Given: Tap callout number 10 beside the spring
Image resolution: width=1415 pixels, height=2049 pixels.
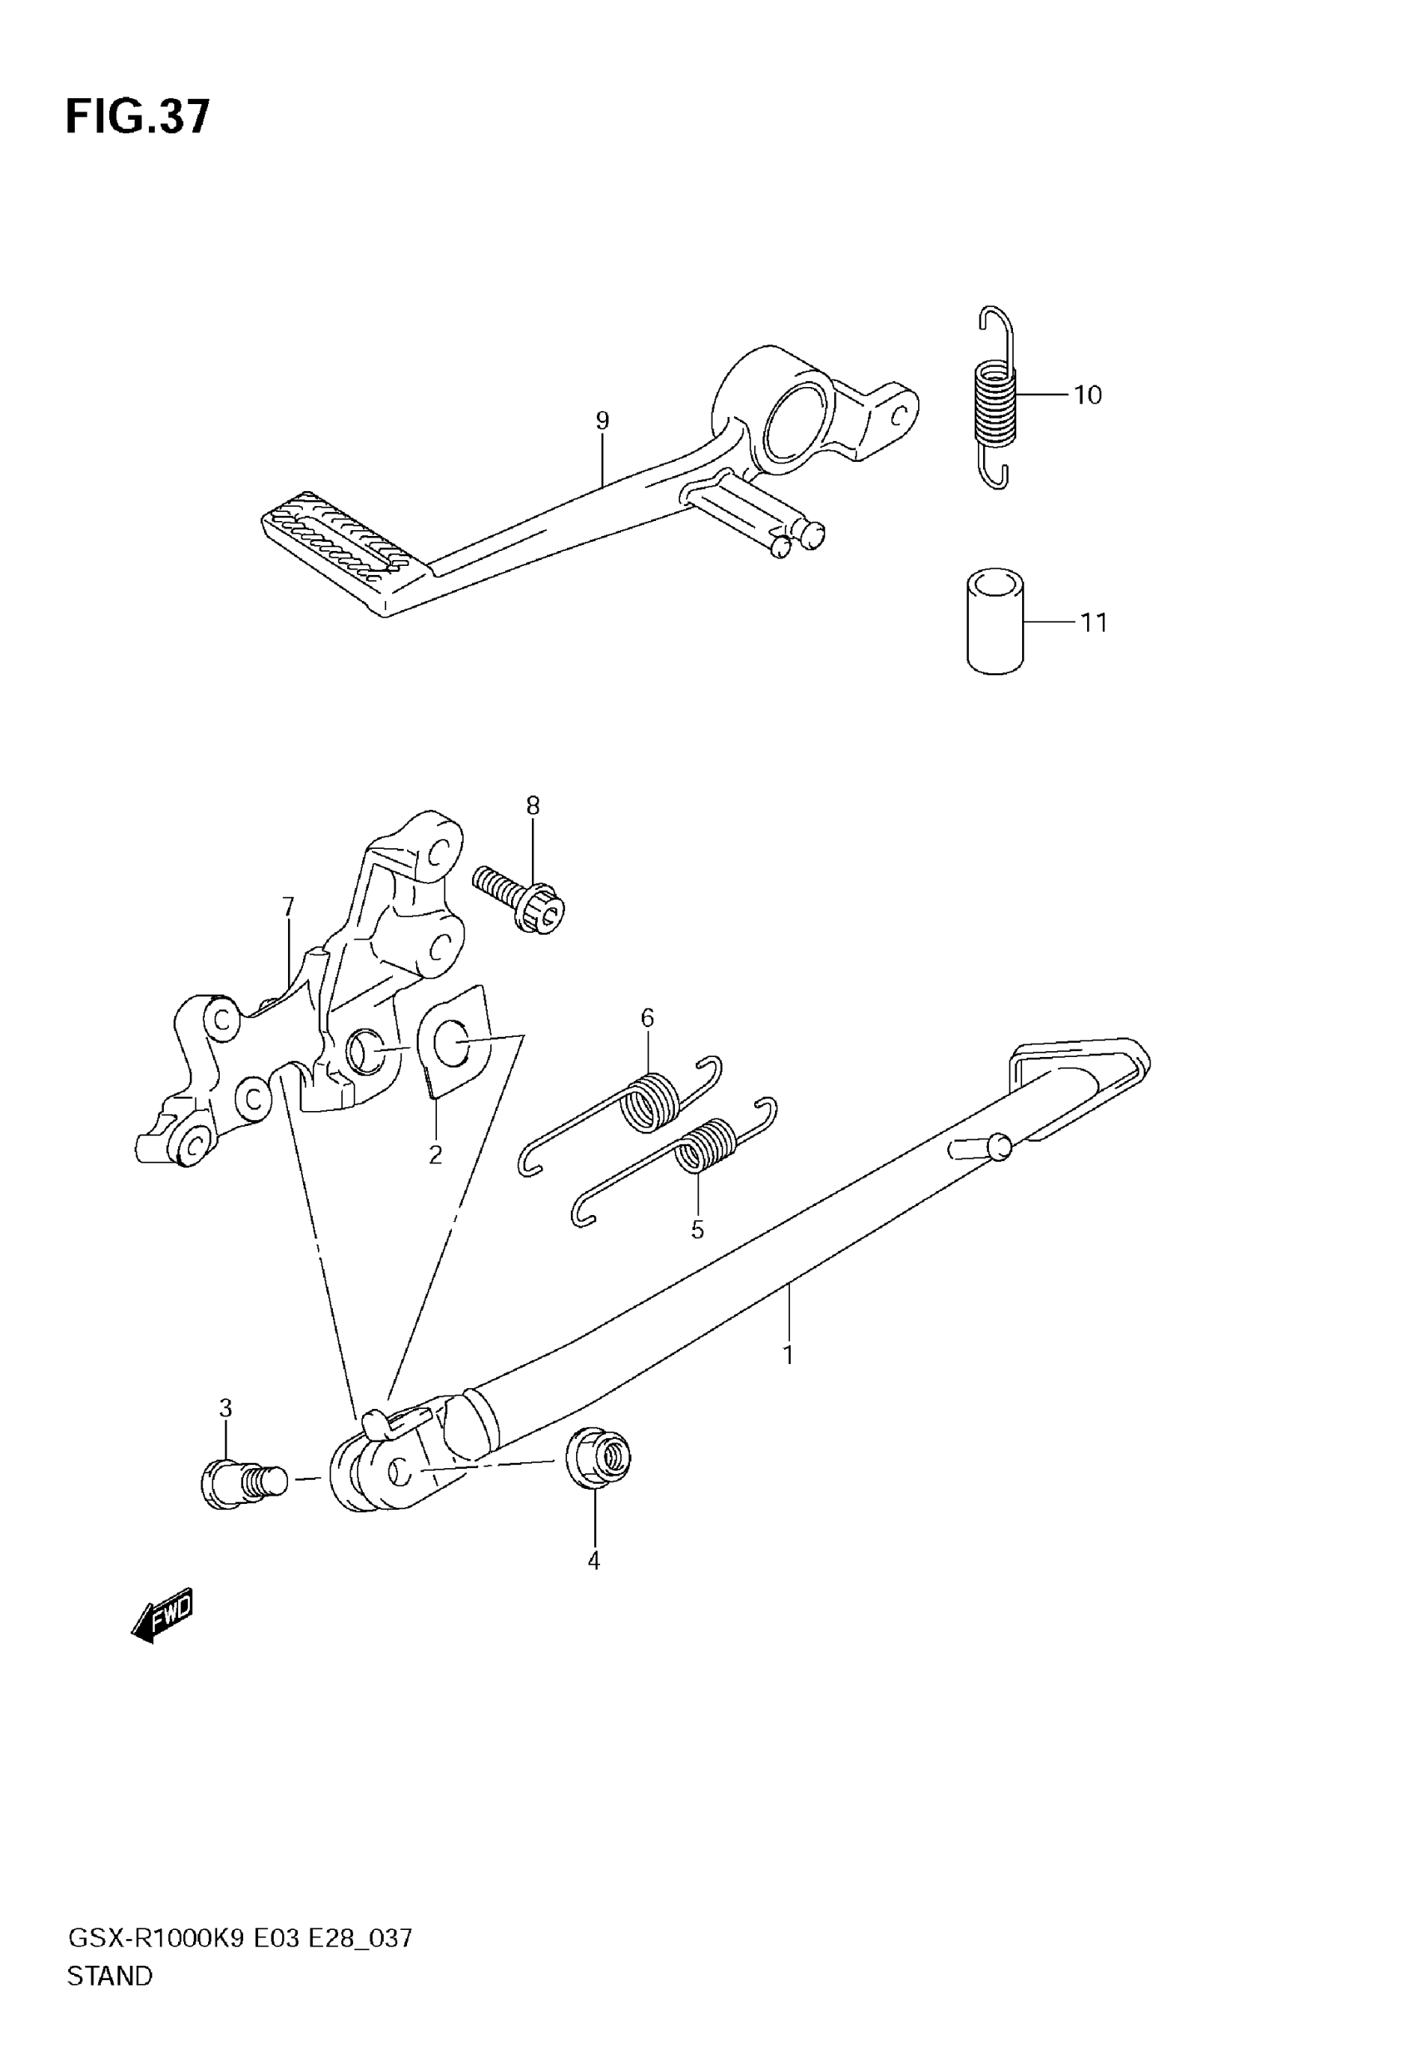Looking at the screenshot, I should point(1087,395).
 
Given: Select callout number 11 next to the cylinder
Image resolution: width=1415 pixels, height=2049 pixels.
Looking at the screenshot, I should point(1093,623).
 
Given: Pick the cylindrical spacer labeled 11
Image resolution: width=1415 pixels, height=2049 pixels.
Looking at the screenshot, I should point(994,621).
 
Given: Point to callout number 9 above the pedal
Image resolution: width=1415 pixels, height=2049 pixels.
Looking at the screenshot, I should point(602,420).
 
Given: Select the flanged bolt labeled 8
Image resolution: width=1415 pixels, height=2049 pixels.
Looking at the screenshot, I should point(522,897).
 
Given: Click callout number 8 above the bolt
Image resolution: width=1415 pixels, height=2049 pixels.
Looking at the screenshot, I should point(532,805).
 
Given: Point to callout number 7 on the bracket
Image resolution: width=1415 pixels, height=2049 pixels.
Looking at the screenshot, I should point(287,906).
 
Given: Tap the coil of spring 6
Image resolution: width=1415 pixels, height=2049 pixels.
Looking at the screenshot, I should point(654,1102).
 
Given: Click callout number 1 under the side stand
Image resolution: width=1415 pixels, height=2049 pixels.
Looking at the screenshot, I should point(787,1355).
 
